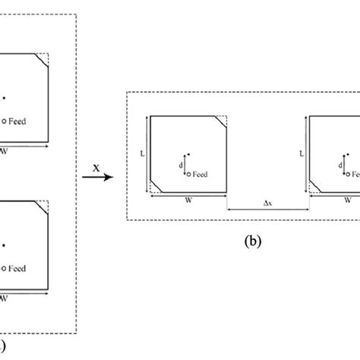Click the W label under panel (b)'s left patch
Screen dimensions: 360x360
coord(188,201)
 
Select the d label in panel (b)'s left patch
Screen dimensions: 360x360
coord(180,164)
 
